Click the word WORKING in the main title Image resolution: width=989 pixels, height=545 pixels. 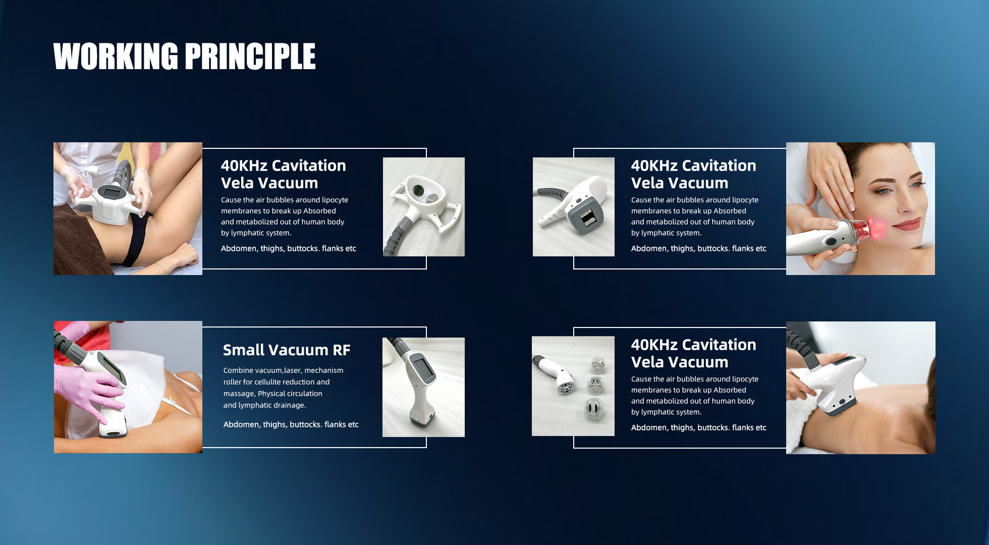tap(116, 56)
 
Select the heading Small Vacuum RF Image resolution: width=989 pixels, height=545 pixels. tap(287, 350)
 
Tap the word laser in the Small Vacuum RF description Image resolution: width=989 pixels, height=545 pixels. tap(292, 370)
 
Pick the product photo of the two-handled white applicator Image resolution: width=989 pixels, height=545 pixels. tap(424, 207)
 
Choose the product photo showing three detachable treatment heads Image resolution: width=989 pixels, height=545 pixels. tap(573, 386)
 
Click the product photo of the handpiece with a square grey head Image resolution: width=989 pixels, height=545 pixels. tap(574, 207)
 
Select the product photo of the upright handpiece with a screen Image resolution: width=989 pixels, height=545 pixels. tap(423, 387)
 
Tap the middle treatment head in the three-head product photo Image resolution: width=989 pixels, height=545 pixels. tap(595, 385)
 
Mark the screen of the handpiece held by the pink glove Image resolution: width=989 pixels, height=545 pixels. tap(111, 369)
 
